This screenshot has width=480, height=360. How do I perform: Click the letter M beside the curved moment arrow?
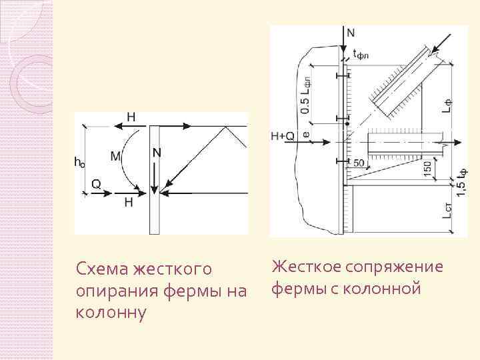click(x=115, y=157)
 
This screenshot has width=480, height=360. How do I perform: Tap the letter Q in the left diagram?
click(x=96, y=186)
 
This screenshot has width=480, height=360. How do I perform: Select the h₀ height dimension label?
click(x=79, y=161)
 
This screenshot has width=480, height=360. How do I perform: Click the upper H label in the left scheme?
click(x=131, y=117)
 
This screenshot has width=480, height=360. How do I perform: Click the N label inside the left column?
click(x=157, y=153)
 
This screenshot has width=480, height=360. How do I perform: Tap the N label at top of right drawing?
click(x=351, y=31)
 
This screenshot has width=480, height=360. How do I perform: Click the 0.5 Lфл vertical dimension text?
click(x=305, y=95)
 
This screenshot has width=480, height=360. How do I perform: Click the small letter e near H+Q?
click(x=306, y=134)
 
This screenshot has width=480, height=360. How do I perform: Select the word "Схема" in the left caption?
click(x=103, y=269)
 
